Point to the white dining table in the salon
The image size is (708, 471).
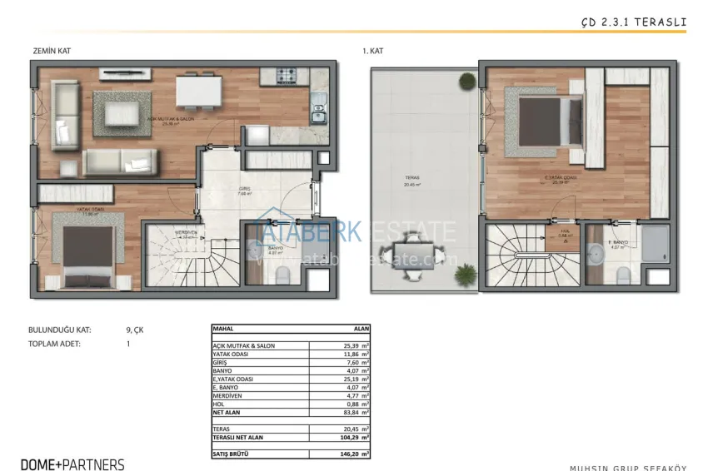point(199,90)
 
